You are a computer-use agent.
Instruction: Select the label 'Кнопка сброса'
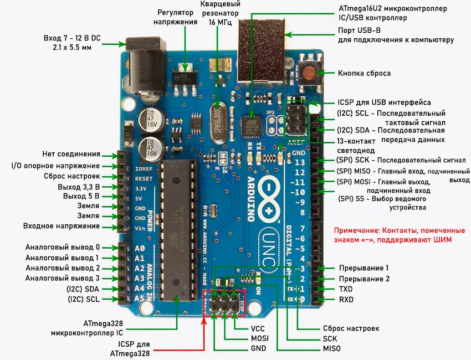coord(364,73)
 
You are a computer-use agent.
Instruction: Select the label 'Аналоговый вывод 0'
coord(63,247)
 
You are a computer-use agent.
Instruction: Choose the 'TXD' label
coord(346,289)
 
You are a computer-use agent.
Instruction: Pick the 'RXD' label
coord(346,300)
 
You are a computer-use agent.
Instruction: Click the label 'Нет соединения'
coord(71,154)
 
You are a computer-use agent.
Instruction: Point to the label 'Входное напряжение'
coord(62,226)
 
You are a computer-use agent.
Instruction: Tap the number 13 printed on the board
coord(299,162)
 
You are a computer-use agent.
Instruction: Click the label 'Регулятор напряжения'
coord(177,17)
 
